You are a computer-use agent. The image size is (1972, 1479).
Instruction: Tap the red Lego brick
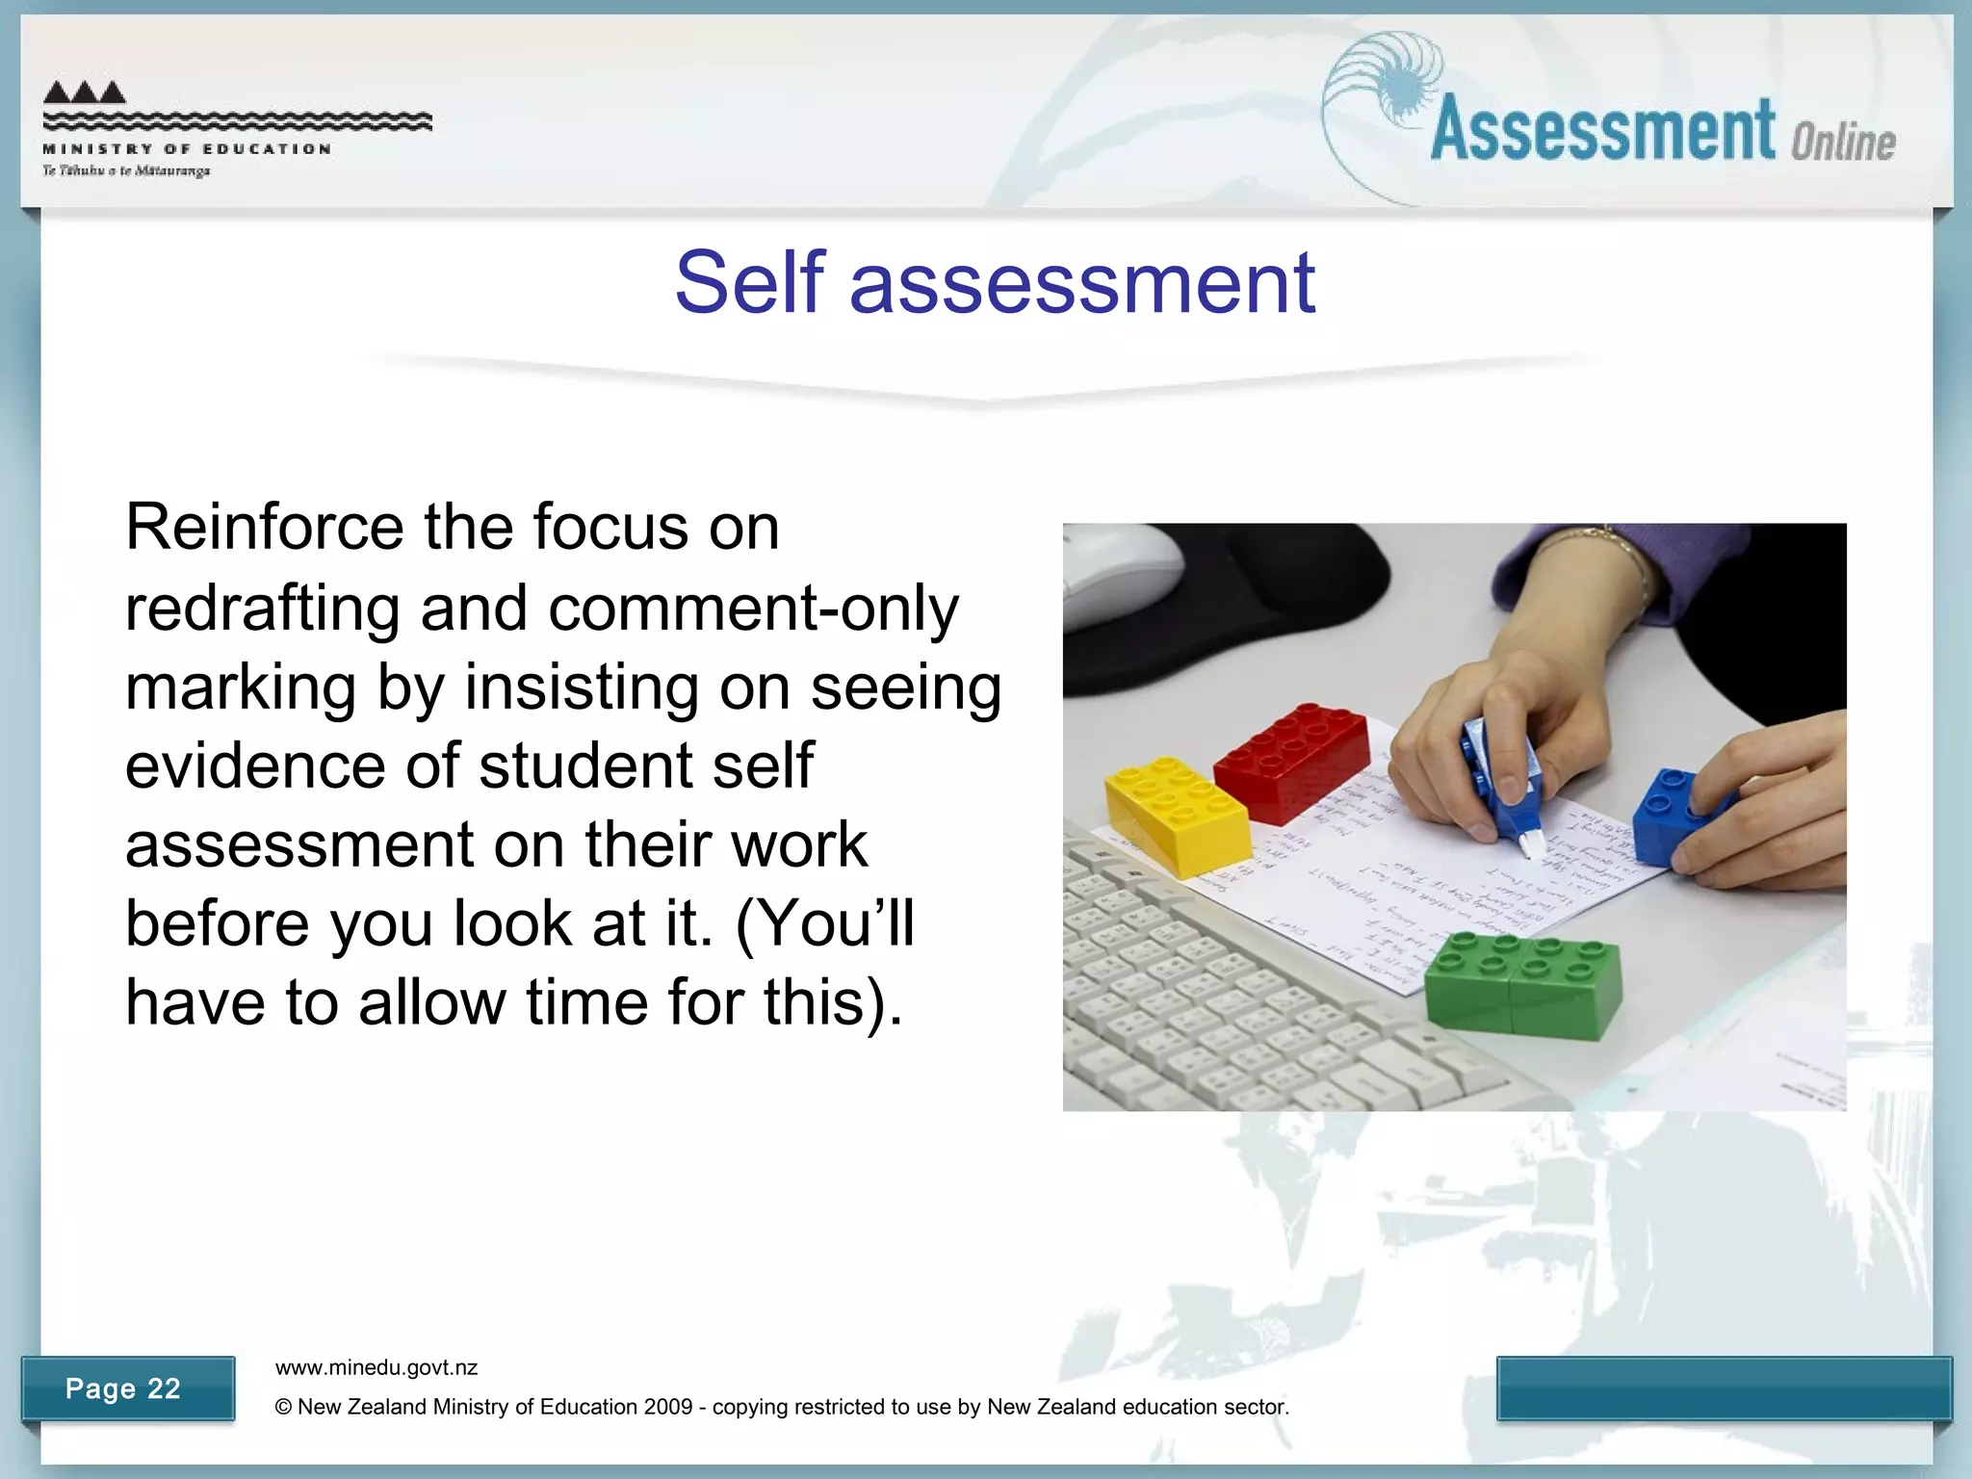1291,761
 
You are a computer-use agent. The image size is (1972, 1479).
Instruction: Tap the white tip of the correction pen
1530,846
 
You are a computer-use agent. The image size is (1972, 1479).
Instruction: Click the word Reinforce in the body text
265,527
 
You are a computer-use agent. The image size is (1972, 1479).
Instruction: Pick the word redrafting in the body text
262,609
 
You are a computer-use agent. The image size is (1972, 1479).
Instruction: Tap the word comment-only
753,609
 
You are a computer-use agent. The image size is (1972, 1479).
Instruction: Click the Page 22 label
123,1388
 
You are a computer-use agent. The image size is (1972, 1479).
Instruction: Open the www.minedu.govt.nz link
376,1367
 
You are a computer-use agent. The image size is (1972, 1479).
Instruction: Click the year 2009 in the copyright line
668,1407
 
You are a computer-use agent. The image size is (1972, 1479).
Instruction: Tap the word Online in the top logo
1843,143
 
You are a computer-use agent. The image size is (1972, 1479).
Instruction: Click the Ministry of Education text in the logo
187,149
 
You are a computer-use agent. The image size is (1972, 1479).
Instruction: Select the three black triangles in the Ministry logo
85,92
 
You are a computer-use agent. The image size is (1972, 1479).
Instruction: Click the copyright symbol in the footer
283,1407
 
